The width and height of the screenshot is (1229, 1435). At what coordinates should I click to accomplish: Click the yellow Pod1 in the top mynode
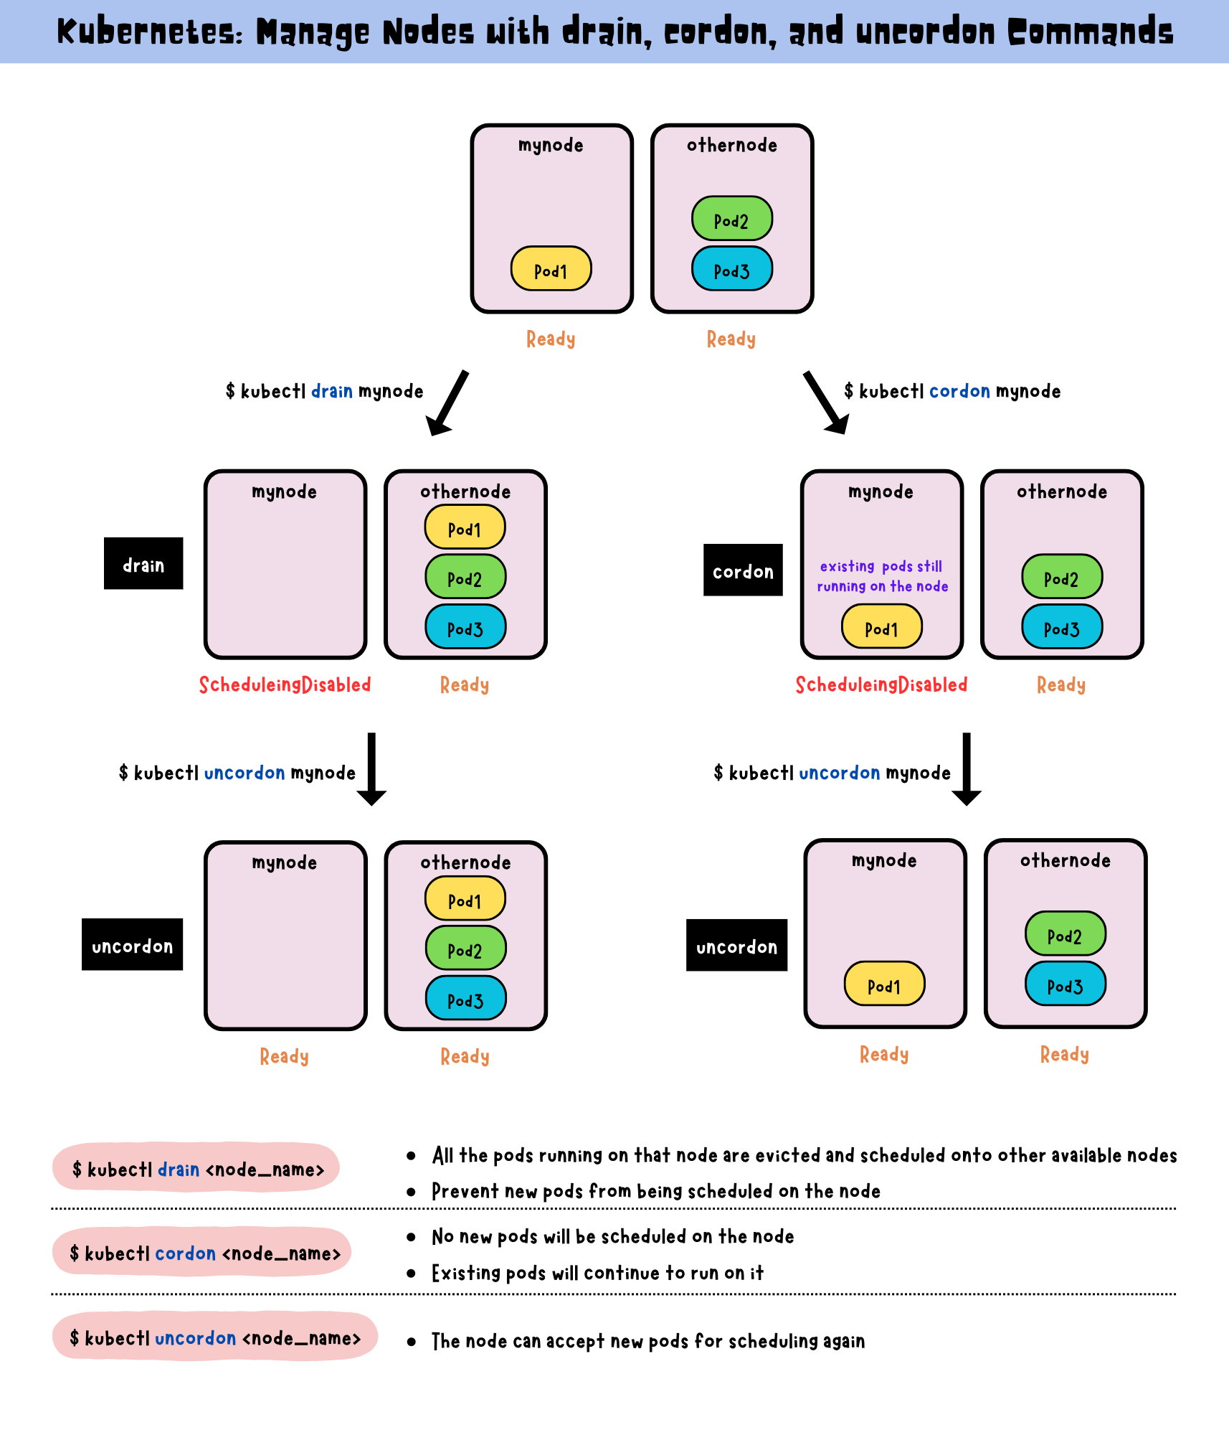(x=551, y=268)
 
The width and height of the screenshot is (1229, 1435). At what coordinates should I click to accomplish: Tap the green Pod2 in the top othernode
(x=731, y=218)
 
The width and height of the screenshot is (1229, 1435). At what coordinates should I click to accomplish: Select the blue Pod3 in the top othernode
(x=731, y=268)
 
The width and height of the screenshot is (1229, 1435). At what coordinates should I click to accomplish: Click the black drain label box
(x=143, y=563)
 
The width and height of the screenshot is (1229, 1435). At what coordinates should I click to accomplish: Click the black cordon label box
(x=743, y=570)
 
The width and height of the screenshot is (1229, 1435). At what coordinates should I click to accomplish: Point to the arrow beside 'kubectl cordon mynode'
(x=826, y=403)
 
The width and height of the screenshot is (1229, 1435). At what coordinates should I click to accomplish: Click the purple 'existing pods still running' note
(x=882, y=576)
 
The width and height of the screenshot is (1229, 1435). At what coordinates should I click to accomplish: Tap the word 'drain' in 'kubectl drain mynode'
(x=332, y=391)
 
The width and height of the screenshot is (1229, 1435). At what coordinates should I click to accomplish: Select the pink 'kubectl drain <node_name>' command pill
(x=196, y=1167)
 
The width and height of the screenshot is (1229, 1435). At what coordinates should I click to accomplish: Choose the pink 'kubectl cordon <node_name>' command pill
(x=201, y=1252)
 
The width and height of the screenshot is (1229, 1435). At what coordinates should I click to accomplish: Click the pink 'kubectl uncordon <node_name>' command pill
(x=215, y=1337)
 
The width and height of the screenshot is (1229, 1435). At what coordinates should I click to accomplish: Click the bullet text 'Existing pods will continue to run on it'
(x=597, y=1273)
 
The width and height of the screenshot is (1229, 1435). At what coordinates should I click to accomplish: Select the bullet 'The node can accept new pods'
(x=648, y=1341)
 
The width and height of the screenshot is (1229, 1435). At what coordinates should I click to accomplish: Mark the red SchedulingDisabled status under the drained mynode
(x=285, y=684)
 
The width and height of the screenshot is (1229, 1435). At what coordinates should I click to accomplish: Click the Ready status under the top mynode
(x=551, y=339)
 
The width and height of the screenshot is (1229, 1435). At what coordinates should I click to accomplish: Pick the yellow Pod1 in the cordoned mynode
(x=882, y=626)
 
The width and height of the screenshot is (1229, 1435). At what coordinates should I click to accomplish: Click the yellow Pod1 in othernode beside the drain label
(x=465, y=527)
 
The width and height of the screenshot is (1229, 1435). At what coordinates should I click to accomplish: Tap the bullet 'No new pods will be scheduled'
(x=613, y=1236)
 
